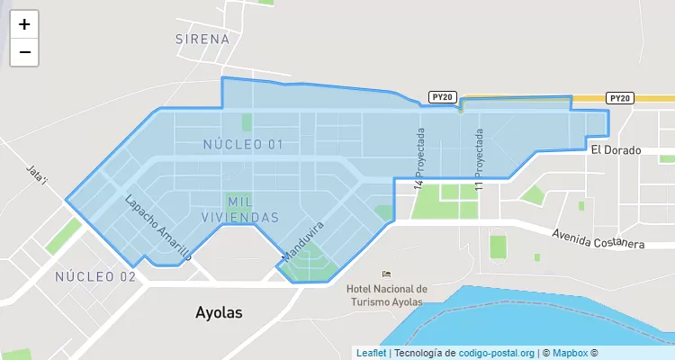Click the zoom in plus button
(24, 24)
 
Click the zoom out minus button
(24, 52)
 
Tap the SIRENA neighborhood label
(203, 40)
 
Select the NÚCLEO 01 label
(243, 144)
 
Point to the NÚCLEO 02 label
(95, 276)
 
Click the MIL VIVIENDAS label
(253, 209)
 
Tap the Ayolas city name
(219, 312)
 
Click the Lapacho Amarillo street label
(158, 229)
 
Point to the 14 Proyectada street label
(418, 158)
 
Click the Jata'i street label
(37, 175)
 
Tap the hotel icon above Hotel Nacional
(386, 274)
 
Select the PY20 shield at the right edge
(620, 98)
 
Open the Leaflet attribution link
(371, 353)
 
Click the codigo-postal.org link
(497, 353)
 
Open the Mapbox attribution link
(571, 353)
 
